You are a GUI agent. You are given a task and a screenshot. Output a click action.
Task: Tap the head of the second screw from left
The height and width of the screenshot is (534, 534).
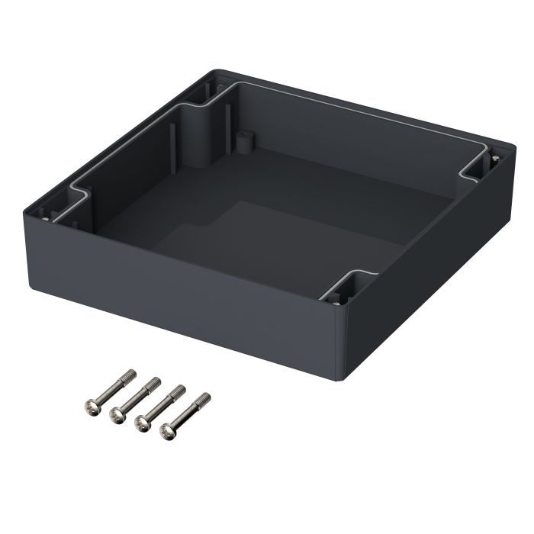tap(117, 413)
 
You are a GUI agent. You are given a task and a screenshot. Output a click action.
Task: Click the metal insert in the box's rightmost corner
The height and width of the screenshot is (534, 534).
tap(495, 158)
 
